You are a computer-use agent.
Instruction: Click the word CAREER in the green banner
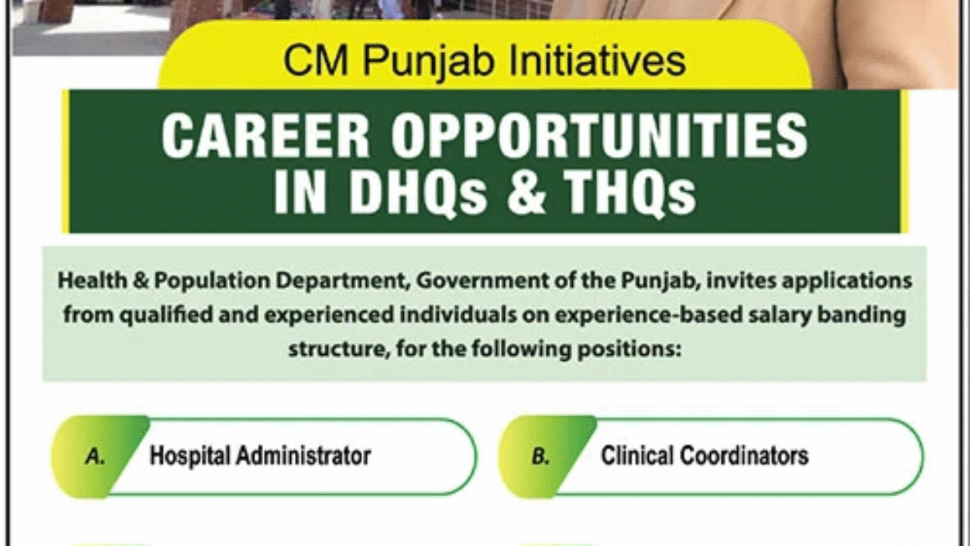pos(266,136)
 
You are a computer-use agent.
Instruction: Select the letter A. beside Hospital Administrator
pos(95,457)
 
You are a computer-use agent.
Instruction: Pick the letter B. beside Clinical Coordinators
pos(540,457)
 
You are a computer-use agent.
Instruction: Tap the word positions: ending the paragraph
pos(637,350)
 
